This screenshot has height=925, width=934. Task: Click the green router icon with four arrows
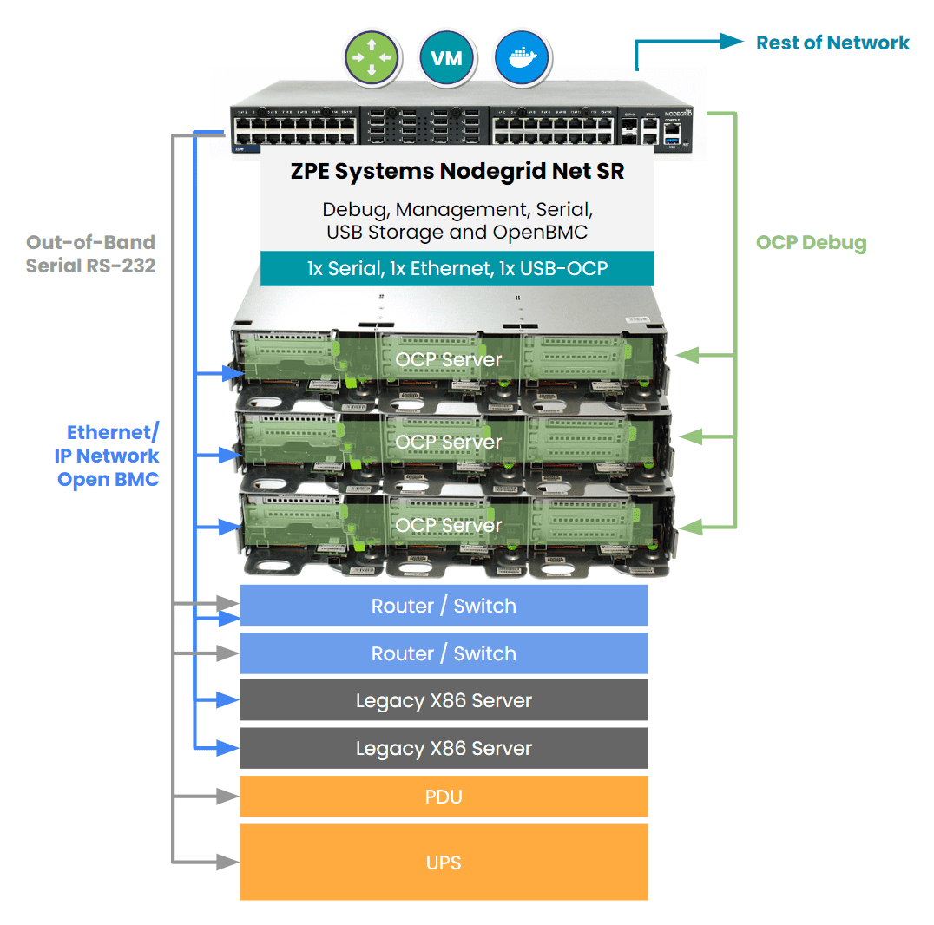pyautogui.click(x=372, y=59)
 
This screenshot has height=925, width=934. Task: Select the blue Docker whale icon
pyautogui.click(x=522, y=59)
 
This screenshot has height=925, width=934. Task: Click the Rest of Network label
pyautogui.click(x=832, y=43)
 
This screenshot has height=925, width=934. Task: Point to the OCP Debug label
pyautogui.click(x=811, y=242)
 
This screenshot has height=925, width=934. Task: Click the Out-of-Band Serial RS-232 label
pyautogui.click(x=90, y=253)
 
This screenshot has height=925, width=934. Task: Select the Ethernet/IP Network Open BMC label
pyautogui.click(x=109, y=456)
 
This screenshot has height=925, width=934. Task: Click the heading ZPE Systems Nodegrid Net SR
pyautogui.click(x=457, y=171)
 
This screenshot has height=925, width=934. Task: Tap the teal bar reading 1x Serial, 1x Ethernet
pyautogui.click(x=457, y=269)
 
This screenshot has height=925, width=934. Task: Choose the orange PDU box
pyautogui.click(x=444, y=797)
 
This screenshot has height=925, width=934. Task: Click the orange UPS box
pyautogui.click(x=444, y=863)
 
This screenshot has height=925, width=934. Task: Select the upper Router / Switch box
pyautogui.click(x=444, y=606)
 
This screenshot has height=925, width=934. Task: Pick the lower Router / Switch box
pyautogui.click(x=444, y=653)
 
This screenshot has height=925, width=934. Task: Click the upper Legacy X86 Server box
pyautogui.click(x=444, y=700)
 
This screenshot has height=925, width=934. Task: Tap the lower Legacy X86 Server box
pyautogui.click(x=444, y=748)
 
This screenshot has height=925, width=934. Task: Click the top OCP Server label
pyautogui.click(x=449, y=359)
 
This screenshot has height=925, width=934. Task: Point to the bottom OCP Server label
pyautogui.click(x=449, y=525)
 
